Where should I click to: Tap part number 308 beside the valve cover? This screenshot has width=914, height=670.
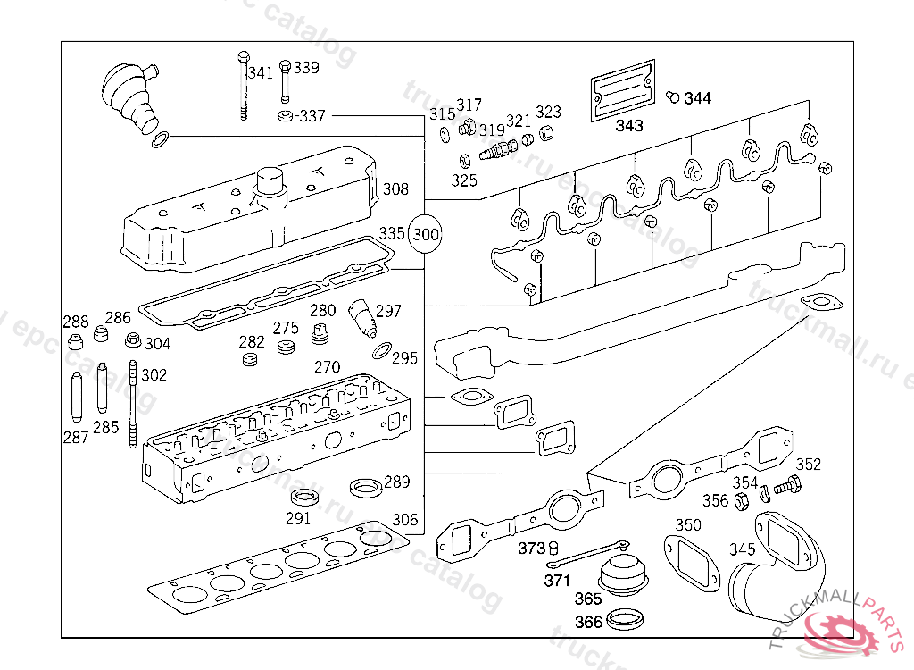click(x=395, y=189)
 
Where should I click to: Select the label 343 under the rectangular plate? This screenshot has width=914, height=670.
click(x=628, y=126)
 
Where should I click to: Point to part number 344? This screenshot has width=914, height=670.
click(x=698, y=98)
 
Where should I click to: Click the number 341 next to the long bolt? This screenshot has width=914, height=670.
click(x=261, y=73)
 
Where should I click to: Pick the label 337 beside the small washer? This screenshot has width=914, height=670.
click(x=312, y=116)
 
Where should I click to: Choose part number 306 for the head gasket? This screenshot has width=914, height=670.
click(x=404, y=519)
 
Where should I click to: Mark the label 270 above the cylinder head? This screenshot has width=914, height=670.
click(x=327, y=367)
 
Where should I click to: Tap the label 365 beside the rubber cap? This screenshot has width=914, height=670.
click(x=587, y=599)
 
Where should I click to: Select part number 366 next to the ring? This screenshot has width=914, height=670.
click(x=588, y=623)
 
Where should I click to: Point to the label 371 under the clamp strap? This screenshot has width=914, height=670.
click(x=557, y=581)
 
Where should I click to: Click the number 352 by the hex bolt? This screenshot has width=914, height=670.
click(x=808, y=465)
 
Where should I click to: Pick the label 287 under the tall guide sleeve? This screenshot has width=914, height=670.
click(x=76, y=437)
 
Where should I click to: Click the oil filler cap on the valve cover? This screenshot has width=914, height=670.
click(x=268, y=184)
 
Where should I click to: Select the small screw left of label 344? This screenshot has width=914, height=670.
click(x=674, y=95)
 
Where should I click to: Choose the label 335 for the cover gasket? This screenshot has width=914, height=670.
click(x=392, y=233)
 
